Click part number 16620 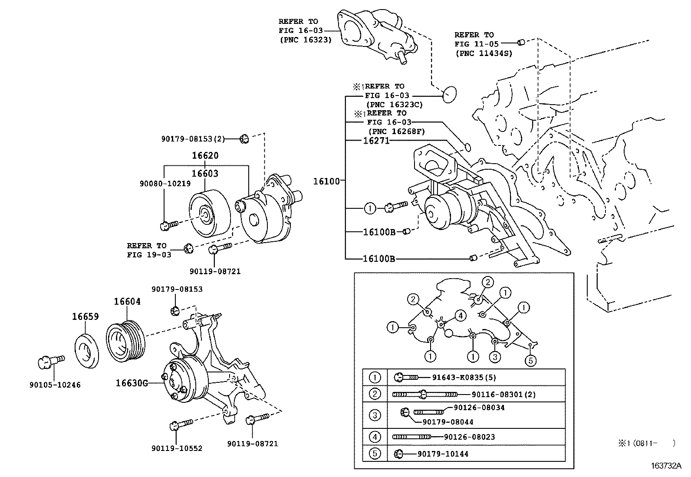pos(205,155)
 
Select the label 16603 pos(205,174)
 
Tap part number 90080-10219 pos(165,184)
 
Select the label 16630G pos(132,383)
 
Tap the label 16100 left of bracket pos(326,181)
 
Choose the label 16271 pos(376,141)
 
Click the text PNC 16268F pos(396,132)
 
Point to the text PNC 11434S pos(484,53)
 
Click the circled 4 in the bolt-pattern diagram pos(460,315)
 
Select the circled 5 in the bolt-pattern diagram pos(530,360)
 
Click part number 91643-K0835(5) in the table pos(464,377)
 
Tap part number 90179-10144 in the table pos(443,454)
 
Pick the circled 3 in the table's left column pos(375,415)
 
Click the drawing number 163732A pos(666,466)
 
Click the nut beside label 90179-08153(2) pos(244,139)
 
